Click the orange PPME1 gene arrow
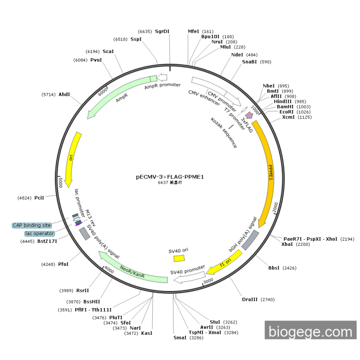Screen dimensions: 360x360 click(269, 170)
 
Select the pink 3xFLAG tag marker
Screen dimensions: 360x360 click(248, 115)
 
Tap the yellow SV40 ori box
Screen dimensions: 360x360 click(179, 258)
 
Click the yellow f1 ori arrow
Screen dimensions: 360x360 click(225, 263)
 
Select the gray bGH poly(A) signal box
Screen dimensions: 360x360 click(250, 240)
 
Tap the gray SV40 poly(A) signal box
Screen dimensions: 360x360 click(84, 233)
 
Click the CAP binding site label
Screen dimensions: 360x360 click(32, 225)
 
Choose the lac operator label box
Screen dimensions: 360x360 click(40, 233)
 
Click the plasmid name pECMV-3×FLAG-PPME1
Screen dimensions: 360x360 click(170, 177)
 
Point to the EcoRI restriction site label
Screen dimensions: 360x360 click(286, 112)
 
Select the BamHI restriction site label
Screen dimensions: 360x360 click(285, 107)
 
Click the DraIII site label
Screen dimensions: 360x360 click(249, 299)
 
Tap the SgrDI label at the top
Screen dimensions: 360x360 click(162, 31)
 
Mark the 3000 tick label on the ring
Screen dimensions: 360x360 click(208, 281)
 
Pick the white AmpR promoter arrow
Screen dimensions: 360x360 click(162, 77)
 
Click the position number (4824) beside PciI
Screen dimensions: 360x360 click(24, 198)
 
